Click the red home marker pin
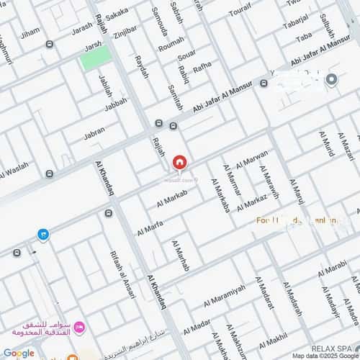[x=178, y=163]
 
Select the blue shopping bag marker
[x=43, y=235]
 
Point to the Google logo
[x=18, y=353]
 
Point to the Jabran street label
[x=94, y=133]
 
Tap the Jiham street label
[x=30, y=33]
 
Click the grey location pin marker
[x=332, y=79]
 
